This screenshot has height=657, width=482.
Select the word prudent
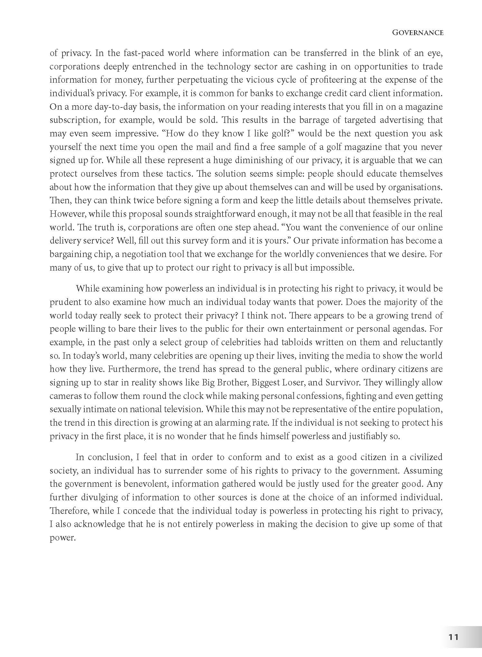64,302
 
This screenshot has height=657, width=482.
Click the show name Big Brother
224,382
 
